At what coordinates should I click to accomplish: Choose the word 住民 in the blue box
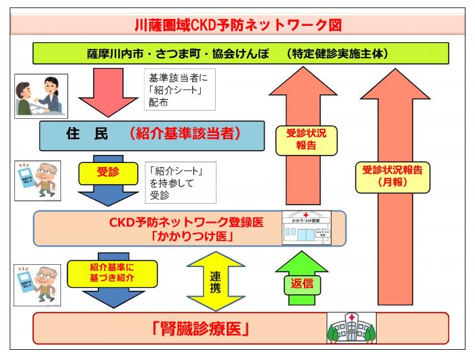tap(87, 134)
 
